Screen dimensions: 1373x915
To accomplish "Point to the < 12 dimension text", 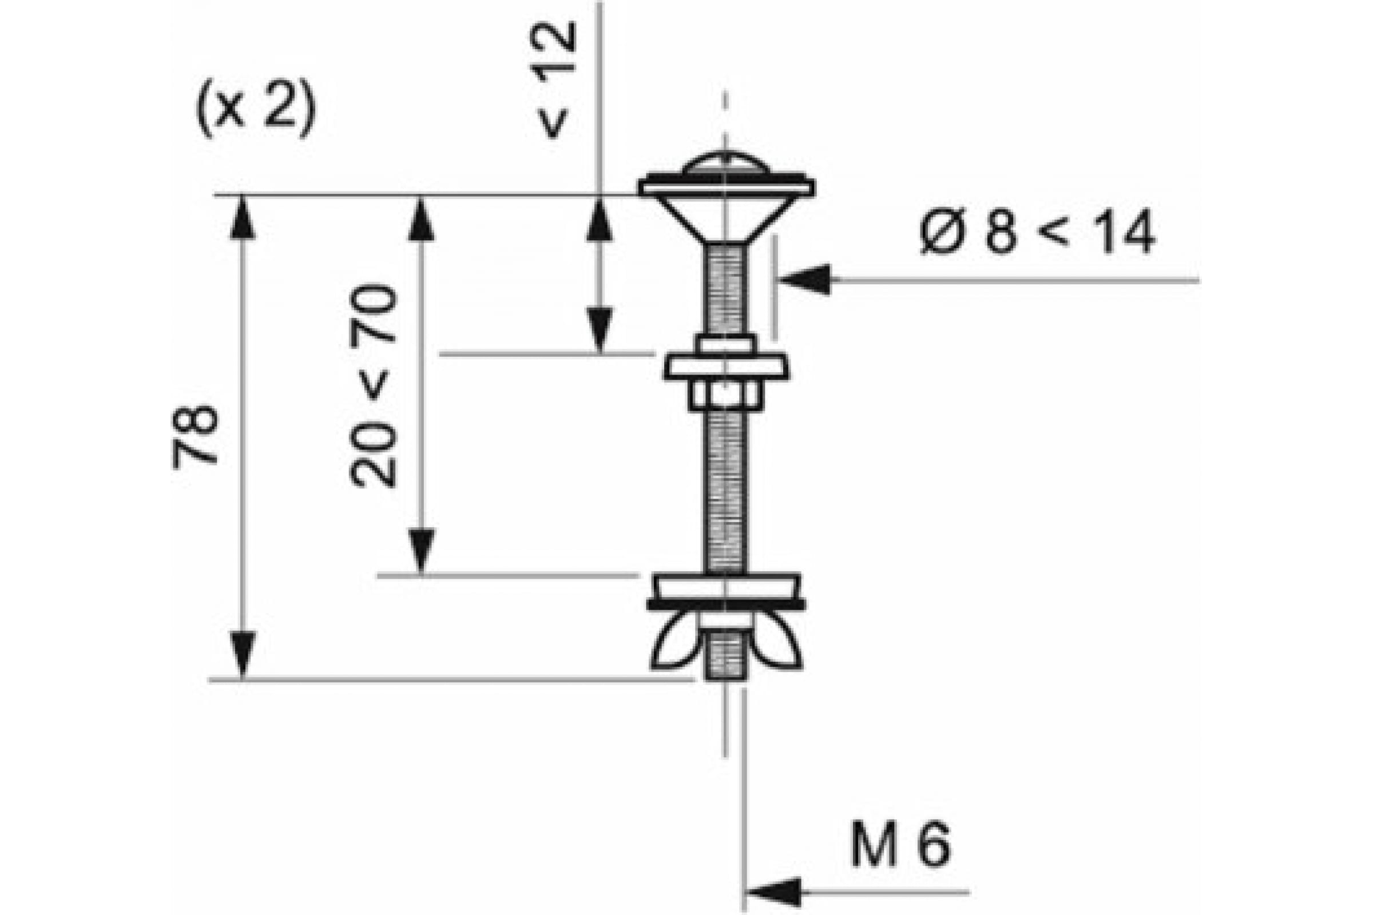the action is pyautogui.click(x=552, y=81).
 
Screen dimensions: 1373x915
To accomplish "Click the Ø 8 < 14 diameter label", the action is pyautogui.click(x=1037, y=231).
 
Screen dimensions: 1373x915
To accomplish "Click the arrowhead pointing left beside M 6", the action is pyautogui.click(x=772, y=892).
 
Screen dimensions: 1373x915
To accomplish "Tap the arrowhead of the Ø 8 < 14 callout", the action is pyautogui.click(x=804, y=280).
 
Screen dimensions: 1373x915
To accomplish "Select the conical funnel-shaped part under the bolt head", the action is pyautogui.click(x=726, y=219).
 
